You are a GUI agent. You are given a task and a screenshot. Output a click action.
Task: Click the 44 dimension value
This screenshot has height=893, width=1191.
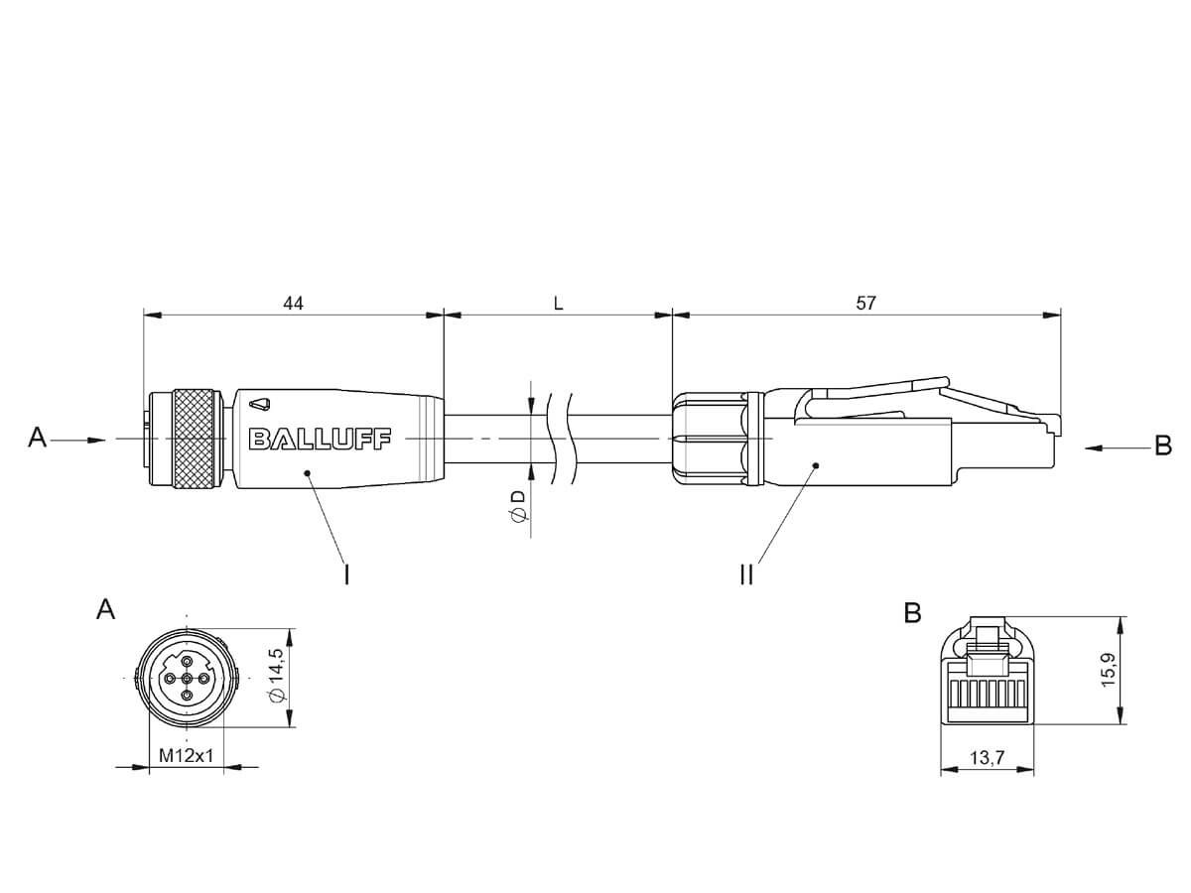(293, 303)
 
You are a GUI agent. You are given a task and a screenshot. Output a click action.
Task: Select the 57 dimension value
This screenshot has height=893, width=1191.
(865, 303)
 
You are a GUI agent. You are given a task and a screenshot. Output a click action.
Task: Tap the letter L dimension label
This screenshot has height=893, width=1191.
(559, 303)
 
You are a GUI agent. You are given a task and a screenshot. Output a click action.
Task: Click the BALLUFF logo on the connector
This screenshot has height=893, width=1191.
(320, 439)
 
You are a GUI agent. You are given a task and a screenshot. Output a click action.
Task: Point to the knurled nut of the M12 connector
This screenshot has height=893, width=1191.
(197, 439)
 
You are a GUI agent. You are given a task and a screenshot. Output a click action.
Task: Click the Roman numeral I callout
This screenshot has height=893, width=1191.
(346, 574)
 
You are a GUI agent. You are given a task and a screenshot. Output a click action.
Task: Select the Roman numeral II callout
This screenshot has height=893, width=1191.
(746, 574)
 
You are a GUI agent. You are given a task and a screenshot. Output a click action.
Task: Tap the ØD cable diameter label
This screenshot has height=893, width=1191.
(519, 507)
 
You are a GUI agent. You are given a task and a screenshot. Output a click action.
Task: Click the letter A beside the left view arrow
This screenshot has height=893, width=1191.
(37, 438)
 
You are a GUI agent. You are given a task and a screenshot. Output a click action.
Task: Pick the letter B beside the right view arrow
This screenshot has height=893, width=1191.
(1163, 446)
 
